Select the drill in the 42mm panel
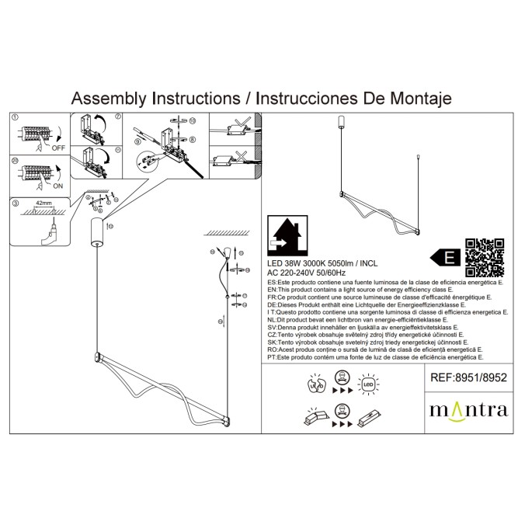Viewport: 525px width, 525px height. click(x=50, y=232)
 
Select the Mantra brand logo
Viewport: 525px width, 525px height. click(x=468, y=409)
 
